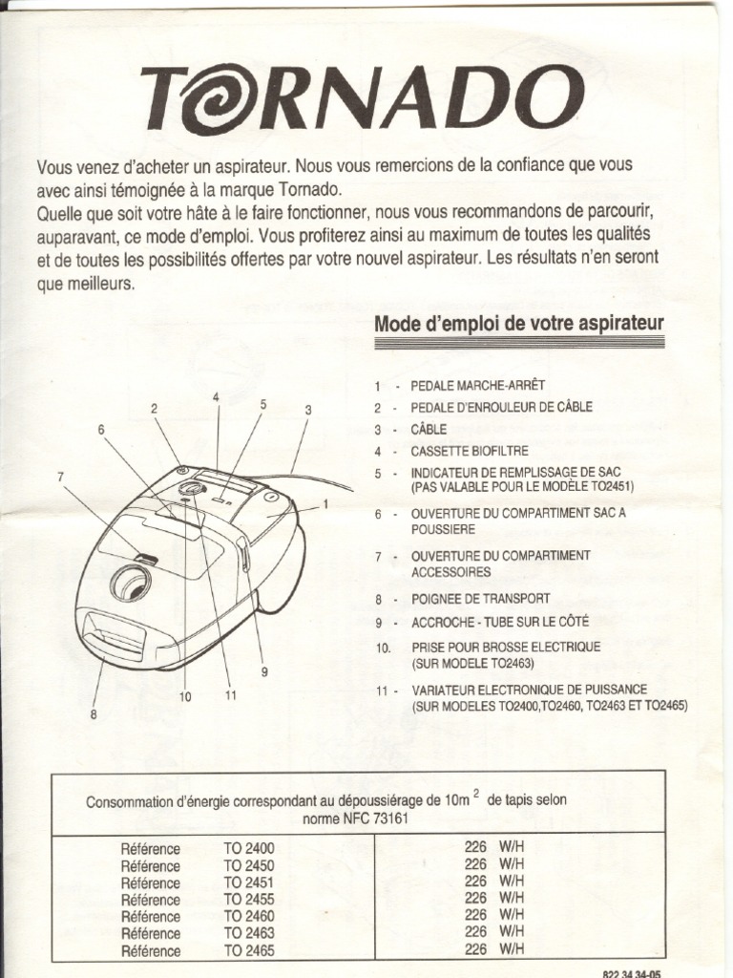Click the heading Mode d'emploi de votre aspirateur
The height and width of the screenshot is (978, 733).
click(519, 323)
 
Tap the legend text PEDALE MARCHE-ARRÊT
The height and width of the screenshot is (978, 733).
click(477, 386)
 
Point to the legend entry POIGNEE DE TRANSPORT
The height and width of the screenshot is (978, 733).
click(480, 599)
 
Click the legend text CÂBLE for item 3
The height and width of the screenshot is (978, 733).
click(429, 430)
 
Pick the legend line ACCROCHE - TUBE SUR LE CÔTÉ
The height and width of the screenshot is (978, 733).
click(500, 621)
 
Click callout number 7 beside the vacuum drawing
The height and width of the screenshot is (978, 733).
click(60, 476)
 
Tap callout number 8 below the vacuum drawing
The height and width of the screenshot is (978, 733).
click(94, 712)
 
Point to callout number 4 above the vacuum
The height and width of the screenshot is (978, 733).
click(217, 396)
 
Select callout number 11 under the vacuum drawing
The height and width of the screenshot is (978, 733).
click(230, 695)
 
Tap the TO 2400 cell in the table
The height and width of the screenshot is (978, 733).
click(249, 848)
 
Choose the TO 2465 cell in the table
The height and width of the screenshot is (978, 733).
click(249, 951)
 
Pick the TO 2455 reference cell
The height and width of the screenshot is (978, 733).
click(249, 900)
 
